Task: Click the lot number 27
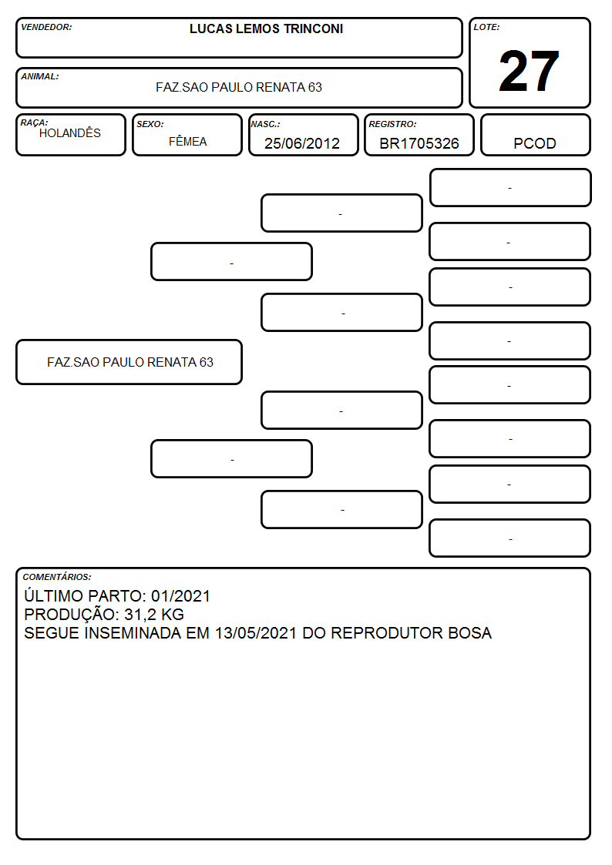click(x=529, y=71)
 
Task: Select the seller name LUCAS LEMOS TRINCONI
click(x=266, y=28)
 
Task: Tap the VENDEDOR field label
click(x=46, y=27)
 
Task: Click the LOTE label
click(x=486, y=27)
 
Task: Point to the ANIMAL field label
click(x=40, y=77)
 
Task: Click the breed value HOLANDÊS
click(x=70, y=133)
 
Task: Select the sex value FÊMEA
click(x=187, y=142)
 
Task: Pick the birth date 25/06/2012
click(x=302, y=143)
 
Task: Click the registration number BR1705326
click(x=419, y=143)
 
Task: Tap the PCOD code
click(x=534, y=143)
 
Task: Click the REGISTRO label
click(x=392, y=125)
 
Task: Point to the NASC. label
click(x=265, y=125)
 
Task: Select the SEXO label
click(x=150, y=125)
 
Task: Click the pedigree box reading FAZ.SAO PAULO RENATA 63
click(x=129, y=362)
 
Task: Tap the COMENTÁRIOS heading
click(x=57, y=577)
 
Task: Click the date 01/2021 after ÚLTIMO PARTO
click(x=181, y=596)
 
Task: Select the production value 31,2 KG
click(x=154, y=615)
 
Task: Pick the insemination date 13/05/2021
click(x=256, y=633)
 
